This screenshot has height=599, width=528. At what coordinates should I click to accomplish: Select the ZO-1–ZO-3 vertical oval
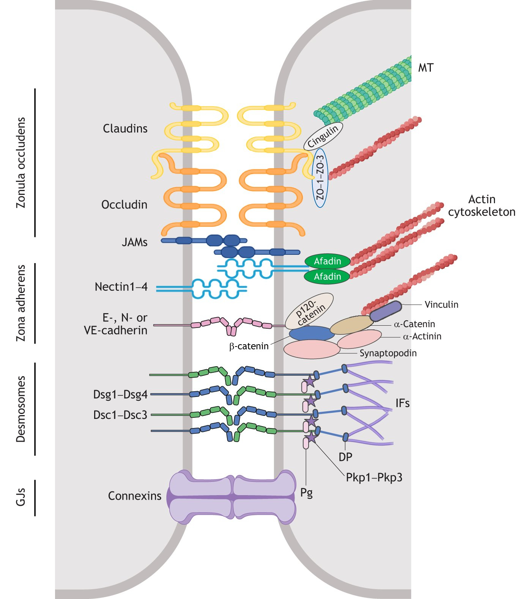pos(320,177)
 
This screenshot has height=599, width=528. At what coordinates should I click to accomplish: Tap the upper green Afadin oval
pos(327,261)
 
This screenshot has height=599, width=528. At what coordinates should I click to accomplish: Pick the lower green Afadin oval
pos(327,276)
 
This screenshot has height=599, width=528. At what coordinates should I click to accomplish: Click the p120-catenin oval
pos(309,311)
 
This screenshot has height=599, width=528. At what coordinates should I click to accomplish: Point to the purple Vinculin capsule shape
pos(385,311)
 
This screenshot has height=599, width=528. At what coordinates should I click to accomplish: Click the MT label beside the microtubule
pos(426,68)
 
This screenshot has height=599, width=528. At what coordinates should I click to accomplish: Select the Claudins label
pos(125,129)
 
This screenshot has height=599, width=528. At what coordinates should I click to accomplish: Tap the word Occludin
pos(124,205)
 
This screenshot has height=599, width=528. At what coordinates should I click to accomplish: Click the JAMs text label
pos(134,242)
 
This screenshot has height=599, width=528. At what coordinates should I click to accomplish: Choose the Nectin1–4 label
pos(121,287)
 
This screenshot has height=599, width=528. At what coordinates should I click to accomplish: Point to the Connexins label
pos(134,496)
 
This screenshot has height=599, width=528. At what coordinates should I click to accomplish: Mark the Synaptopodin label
pos(388,353)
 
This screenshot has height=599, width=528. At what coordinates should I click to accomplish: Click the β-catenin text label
pos(249,346)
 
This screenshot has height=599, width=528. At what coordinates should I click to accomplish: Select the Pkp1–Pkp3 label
pos(374,477)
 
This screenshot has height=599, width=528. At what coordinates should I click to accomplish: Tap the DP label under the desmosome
pos(345,457)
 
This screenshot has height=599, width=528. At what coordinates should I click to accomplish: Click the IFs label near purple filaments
pos(402,403)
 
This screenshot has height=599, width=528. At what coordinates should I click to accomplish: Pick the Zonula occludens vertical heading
pos(21,163)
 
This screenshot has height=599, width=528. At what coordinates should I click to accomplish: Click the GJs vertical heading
pos(21,497)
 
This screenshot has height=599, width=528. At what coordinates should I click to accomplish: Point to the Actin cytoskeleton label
pos(482,205)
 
